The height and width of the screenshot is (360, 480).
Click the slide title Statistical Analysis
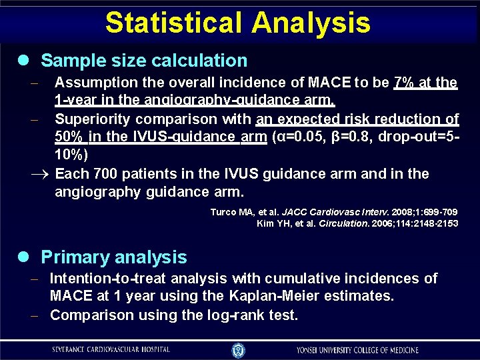coord(237,22)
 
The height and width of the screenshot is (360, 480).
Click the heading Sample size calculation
coord(144,61)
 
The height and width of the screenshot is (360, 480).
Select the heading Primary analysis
coord(114,257)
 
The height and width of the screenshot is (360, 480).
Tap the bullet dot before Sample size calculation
coord(25,61)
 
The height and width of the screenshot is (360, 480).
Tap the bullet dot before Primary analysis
coord(25,257)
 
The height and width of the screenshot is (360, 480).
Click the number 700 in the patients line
coord(106,174)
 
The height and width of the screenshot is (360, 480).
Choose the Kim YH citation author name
coord(273,223)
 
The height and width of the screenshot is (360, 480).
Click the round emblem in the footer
coord(238,349)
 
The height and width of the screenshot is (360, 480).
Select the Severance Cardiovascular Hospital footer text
coord(111,349)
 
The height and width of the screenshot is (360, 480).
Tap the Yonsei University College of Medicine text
coord(358,349)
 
